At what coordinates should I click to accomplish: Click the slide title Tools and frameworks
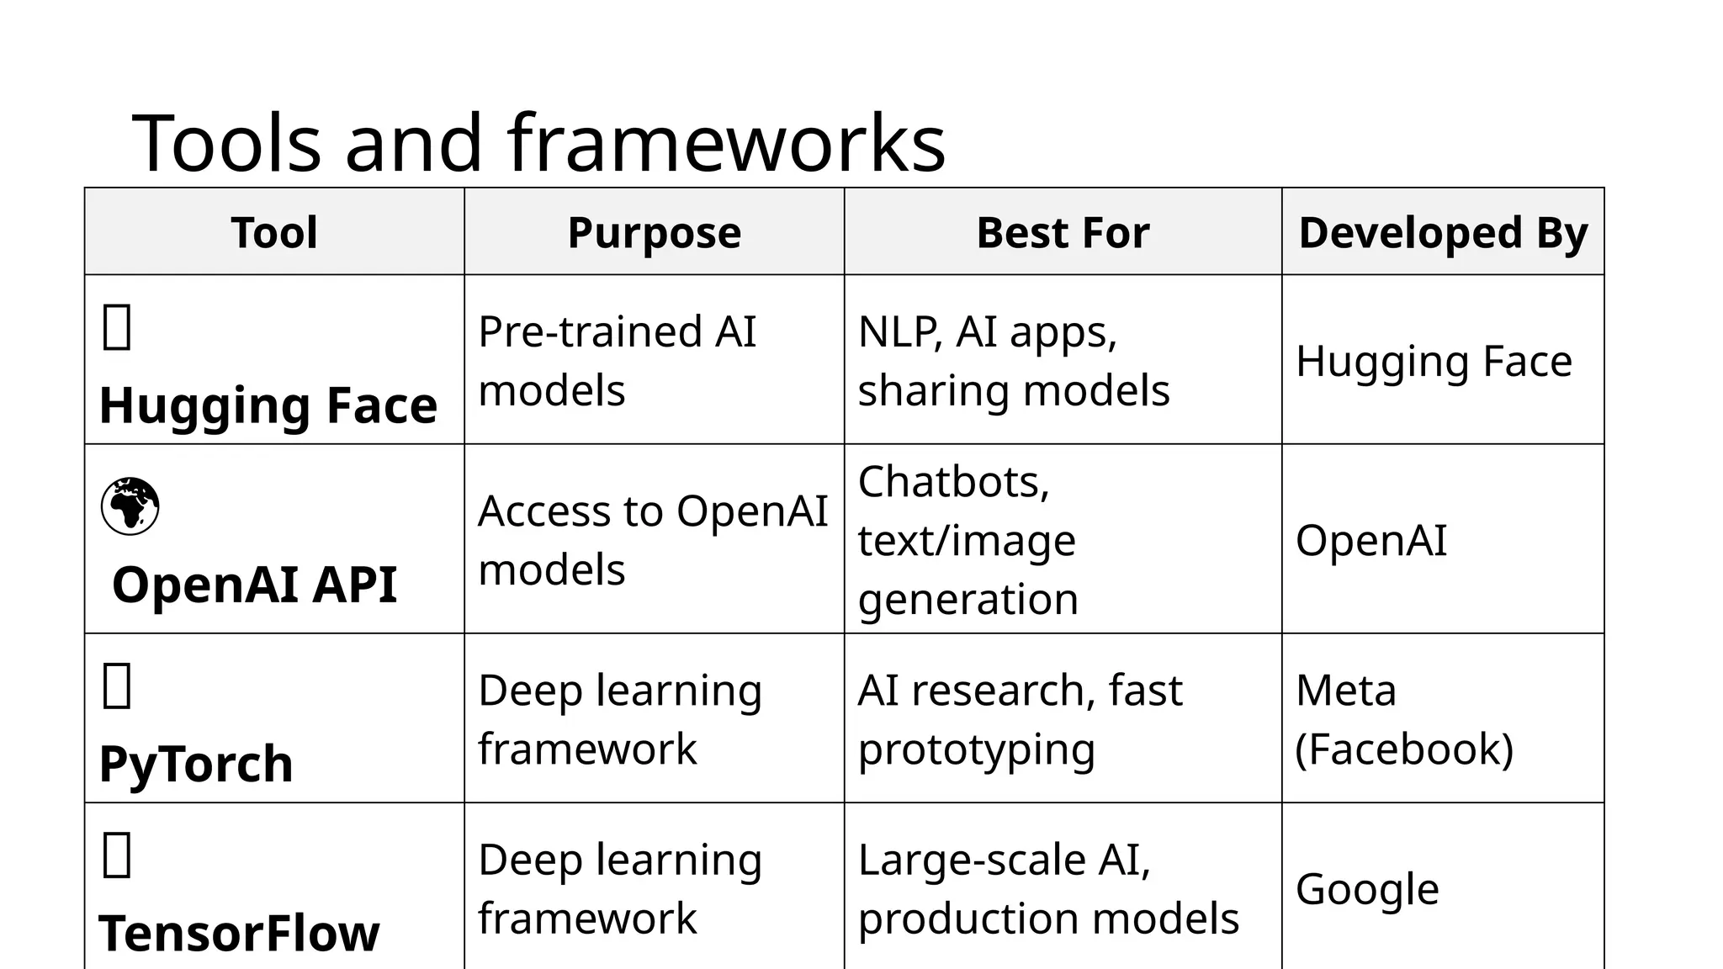coord(538,142)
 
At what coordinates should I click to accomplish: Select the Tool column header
coord(274,232)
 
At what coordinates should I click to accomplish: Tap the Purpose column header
coord(654,232)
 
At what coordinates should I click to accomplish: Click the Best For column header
coord(1063,232)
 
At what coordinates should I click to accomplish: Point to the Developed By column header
coord(1443,232)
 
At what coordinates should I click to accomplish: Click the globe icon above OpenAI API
coord(130,506)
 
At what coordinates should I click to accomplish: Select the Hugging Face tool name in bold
coord(268,405)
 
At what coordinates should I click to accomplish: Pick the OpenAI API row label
coord(254,585)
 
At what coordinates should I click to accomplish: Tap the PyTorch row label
coord(196,764)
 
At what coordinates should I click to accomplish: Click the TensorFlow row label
coord(239,933)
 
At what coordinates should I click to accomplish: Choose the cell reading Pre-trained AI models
coord(618,361)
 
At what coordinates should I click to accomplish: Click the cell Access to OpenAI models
coord(653,540)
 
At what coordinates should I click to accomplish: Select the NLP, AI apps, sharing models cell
coord(1013,361)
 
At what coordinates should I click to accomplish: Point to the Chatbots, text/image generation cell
coord(968,540)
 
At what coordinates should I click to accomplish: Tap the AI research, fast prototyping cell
coord(1020,719)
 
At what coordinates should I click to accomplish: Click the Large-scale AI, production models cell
coord(1047,888)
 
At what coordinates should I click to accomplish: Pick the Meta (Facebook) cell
coord(1404,719)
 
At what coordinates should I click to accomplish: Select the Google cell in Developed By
coord(1367,888)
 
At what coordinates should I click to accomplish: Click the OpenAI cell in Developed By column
coord(1371,540)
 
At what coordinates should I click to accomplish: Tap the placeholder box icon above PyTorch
coord(117,686)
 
